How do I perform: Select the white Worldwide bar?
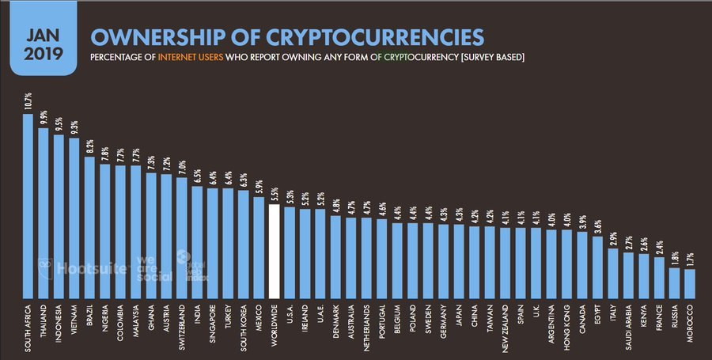tap(274, 248)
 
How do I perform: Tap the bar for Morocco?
tap(689, 281)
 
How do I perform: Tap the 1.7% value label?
tap(689, 259)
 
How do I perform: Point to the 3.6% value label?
tap(597, 225)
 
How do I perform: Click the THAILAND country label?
tap(44, 320)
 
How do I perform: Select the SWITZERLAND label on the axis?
tap(181, 325)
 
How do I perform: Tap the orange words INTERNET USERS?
tap(190, 58)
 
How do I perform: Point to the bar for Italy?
tap(612, 269)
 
